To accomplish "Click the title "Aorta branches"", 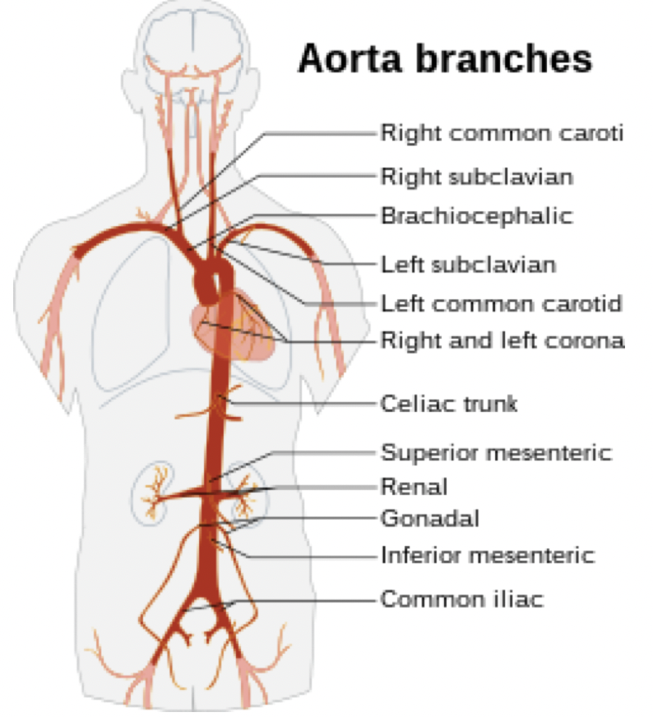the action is [444, 60].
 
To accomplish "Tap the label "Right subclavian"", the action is [476, 177].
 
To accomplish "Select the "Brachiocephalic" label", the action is [475, 216].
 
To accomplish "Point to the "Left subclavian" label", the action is [468, 265].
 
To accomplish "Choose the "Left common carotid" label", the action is [501, 303].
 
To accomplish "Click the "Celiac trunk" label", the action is [448, 404].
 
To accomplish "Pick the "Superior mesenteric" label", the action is [496, 452].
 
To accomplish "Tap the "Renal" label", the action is [414, 486].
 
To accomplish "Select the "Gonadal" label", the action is [429, 519].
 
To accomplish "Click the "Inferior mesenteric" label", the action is [487, 555].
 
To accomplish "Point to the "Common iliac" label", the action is [461, 599].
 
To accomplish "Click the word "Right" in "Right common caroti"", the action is [404, 132].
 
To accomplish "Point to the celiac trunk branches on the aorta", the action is [220, 405].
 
